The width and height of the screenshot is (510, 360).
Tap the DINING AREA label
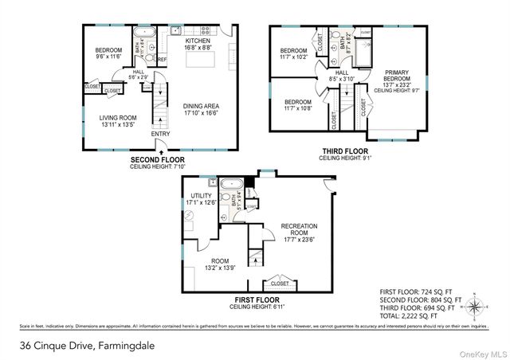pos(201,111)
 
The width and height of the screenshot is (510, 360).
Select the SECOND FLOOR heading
pos(162,159)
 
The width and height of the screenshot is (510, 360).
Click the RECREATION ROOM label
pos(300,231)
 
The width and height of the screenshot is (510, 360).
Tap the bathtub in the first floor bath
pos(231,185)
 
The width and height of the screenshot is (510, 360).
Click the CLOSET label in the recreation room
pos(280,283)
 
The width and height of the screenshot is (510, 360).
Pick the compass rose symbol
pos(476,305)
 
